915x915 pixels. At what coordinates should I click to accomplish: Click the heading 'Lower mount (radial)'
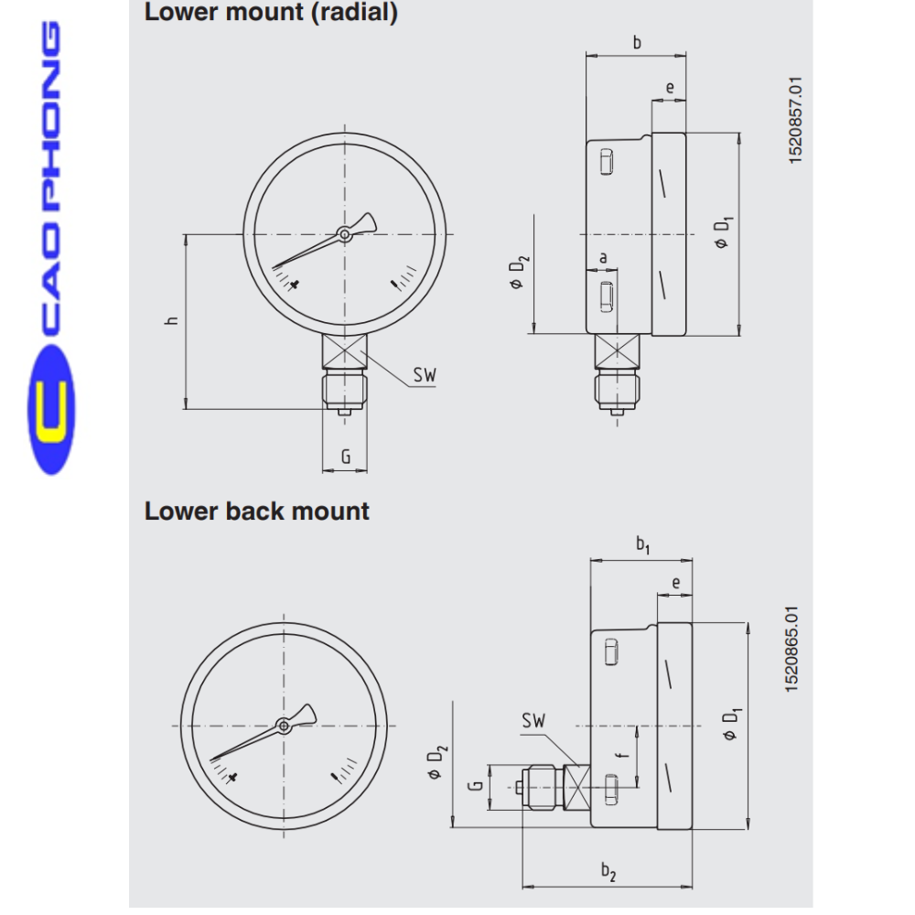[271, 14]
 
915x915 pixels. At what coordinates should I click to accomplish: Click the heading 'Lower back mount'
[256, 511]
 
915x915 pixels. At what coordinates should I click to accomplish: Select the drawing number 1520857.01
[795, 121]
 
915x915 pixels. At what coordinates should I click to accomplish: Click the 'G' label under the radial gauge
[345, 456]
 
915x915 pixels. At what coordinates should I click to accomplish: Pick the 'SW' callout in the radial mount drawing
[424, 374]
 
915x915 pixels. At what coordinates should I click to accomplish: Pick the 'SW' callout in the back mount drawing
[533, 721]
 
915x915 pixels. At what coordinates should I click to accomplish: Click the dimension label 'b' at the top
[637, 42]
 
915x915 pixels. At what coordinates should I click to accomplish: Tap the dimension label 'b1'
[642, 545]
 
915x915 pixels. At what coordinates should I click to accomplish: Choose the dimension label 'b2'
[608, 872]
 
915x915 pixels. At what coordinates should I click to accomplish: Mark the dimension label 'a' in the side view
[603, 258]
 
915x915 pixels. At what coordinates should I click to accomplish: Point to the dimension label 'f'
[620, 757]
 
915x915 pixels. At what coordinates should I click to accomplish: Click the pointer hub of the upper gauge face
[344, 235]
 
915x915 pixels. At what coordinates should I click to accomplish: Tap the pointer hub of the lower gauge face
[284, 726]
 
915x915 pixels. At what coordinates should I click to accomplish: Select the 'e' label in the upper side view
[670, 89]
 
